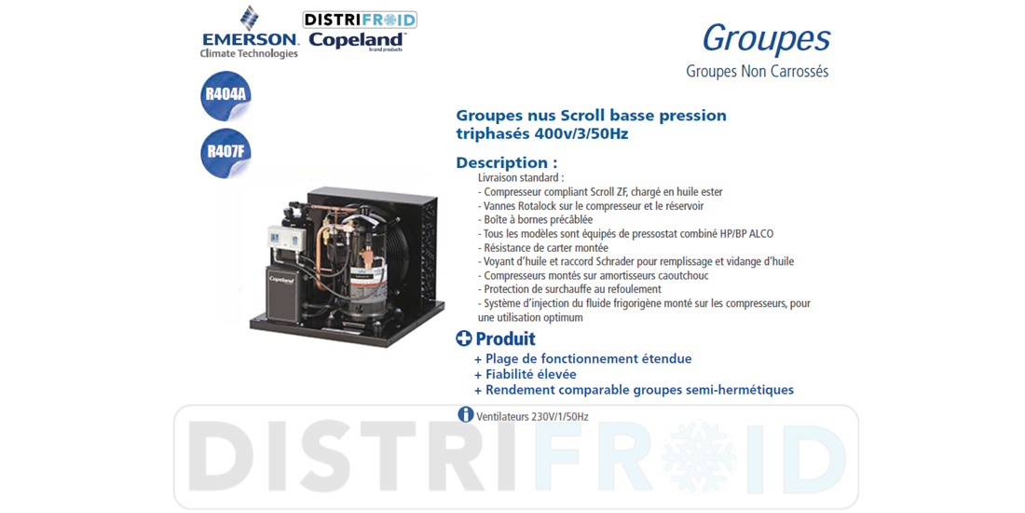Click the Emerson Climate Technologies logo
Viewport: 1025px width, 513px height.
click(249, 33)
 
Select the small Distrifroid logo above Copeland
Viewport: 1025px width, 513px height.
click(360, 20)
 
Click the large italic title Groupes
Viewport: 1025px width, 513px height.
click(766, 39)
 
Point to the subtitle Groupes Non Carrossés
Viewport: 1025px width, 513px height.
click(757, 71)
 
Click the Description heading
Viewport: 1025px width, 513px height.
click(507, 162)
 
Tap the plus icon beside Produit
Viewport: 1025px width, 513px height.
click(463, 339)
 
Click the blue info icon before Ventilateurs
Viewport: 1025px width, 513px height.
click(465, 414)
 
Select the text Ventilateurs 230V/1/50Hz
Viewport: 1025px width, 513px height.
click(533, 416)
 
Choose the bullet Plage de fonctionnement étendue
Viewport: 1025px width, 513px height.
click(582, 358)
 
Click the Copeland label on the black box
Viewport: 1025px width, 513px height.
click(281, 280)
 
